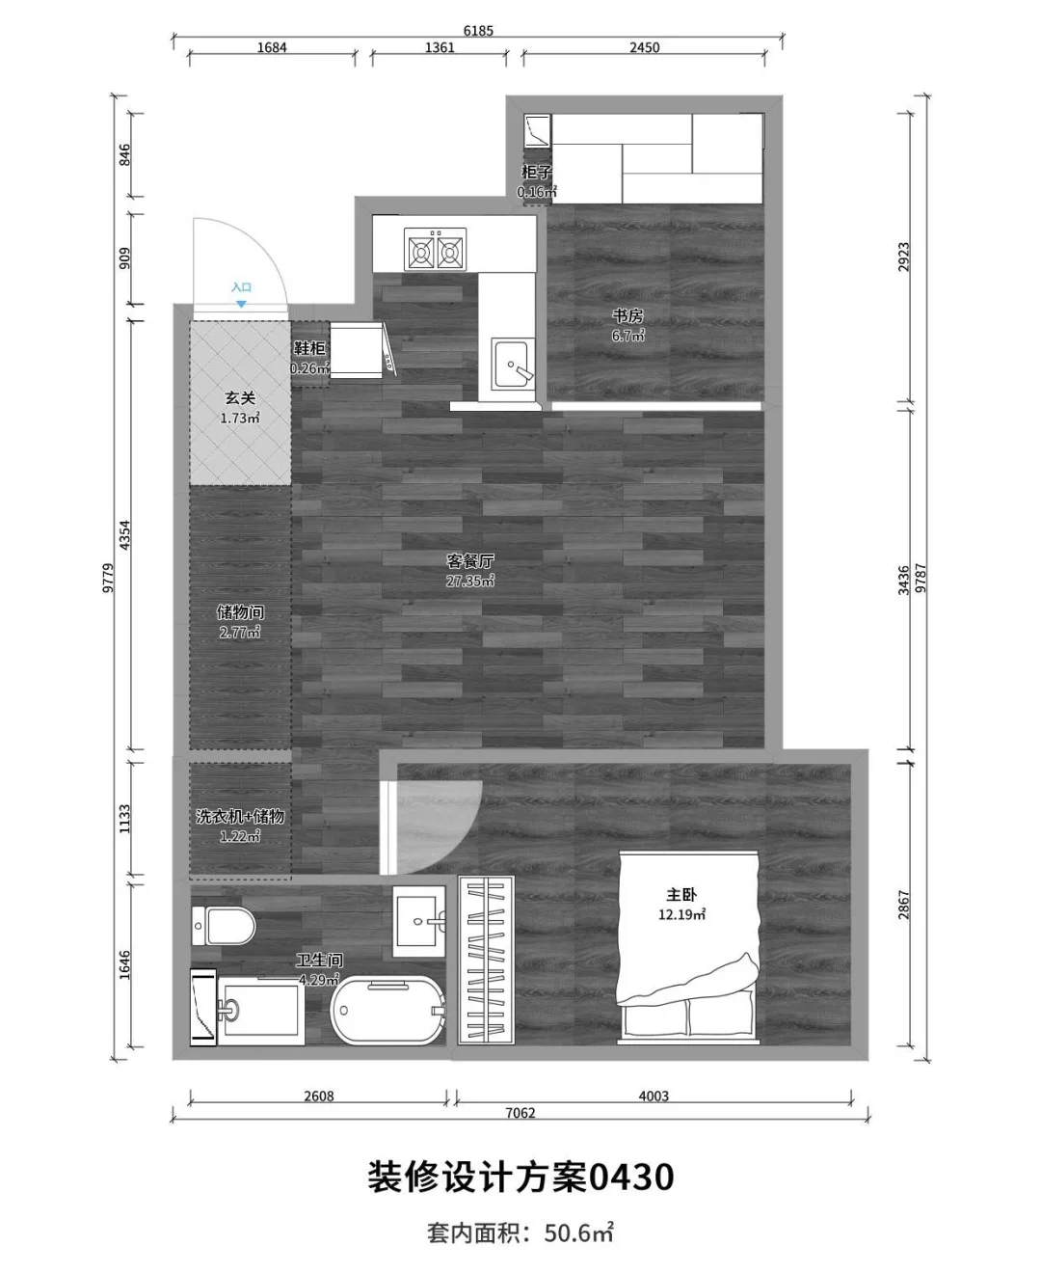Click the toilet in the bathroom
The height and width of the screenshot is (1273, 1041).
[224, 925]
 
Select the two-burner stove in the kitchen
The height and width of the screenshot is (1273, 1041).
[435, 249]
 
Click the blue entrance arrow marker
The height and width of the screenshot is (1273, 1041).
[241, 304]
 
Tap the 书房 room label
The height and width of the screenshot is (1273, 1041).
[627, 315]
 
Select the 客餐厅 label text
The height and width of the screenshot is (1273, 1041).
[470, 560]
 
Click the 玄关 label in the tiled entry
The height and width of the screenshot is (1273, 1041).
[240, 397]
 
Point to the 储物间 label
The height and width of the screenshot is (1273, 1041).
[240, 612]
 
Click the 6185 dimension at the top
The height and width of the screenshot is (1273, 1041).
[478, 30]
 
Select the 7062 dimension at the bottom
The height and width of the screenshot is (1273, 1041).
[520, 1113]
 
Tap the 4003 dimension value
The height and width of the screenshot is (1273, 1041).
[654, 1096]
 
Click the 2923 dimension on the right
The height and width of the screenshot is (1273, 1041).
[903, 257]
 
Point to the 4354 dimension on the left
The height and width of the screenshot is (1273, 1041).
[124, 535]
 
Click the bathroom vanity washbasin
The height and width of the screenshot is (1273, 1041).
[419, 921]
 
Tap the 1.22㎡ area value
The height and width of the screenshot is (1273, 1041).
[240, 836]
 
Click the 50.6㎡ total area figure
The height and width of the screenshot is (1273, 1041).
[578, 1232]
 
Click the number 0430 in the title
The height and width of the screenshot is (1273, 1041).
[631, 1178]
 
